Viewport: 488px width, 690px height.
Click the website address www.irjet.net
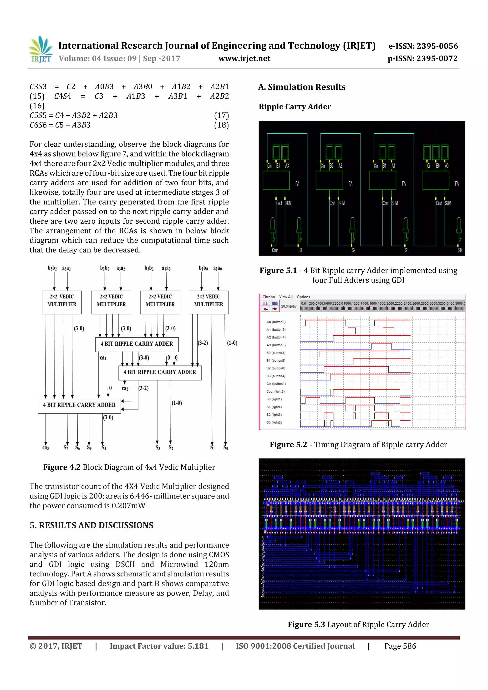tap(244, 59)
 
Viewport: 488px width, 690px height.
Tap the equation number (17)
tap(221, 116)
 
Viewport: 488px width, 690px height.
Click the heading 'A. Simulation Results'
tap(302, 87)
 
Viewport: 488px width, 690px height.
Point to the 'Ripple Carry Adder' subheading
tap(295, 107)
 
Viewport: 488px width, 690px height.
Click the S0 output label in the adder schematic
tap(460, 250)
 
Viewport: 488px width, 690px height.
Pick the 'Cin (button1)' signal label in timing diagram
tap(276, 384)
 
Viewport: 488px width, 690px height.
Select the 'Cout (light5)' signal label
tap(275, 392)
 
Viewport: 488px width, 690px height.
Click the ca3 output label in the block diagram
tap(46, 448)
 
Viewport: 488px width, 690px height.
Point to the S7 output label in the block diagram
tap(66, 448)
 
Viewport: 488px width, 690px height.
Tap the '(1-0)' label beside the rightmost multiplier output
tap(232, 343)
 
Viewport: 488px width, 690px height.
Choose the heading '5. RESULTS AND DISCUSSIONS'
tap(91, 525)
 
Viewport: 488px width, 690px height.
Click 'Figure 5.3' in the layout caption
tap(306, 625)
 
